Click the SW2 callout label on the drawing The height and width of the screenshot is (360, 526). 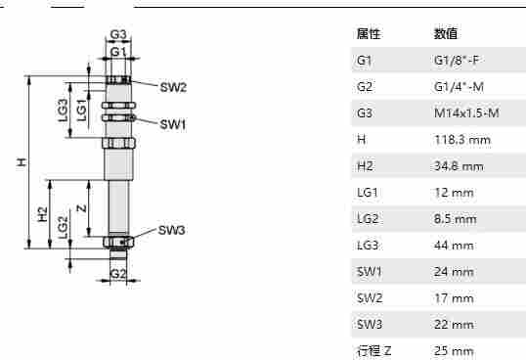click(x=173, y=88)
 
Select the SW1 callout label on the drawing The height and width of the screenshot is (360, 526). click(x=173, y=124)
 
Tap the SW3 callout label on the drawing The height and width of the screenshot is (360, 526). click(x=172, y=231)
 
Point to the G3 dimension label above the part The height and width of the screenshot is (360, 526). click(x=118, y=36)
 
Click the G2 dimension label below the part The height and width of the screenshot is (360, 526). click(x=118, y=275)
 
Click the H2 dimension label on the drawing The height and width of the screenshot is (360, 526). click(x=42, y=213)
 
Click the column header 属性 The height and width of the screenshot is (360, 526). click(x=369, y=34)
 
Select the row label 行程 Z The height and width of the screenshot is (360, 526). click(x=373, y=350)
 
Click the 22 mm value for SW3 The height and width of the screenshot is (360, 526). click(x=453, y=324)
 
